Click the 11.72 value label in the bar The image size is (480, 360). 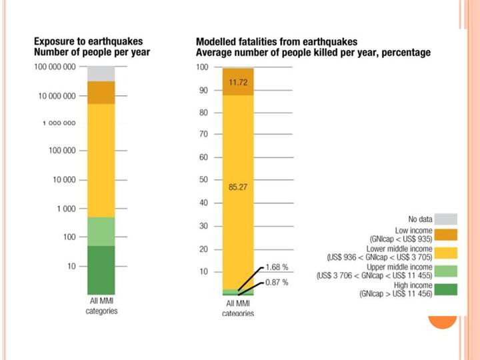pyautogui.click(x=239, y=82)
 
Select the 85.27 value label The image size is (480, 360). pyautogui.click(x=239, y=187)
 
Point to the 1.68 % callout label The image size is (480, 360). pyautogui.click(x=277, y=267)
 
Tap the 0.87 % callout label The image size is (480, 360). pyautogui.click(x=277, y=283)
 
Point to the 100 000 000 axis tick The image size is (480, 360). pyautogui.click(x=56, y=68)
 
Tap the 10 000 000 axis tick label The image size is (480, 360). pyautogui.click(x=58, y=96)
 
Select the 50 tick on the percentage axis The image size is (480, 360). pyautogui.click(x=201, y=180)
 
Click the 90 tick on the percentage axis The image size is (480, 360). pyautogui.click(x=201, y=91)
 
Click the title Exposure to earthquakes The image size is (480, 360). pyautogui.click(x=90, y=42)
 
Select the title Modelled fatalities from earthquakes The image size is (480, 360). pyautogui.click(x=277, y=42)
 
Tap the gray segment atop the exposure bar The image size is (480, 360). pyautogui.click(x=101, y=73)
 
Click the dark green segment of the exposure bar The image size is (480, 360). pyautogui.click(x=101, y=269)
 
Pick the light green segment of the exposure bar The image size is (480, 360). pyautogui.click(x=101, y=231)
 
